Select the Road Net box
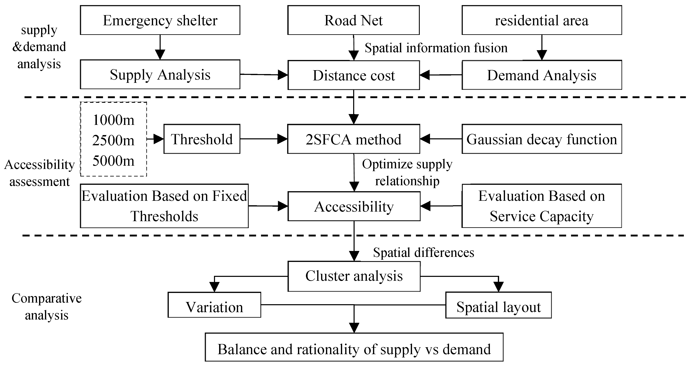point(353,20)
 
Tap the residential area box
point(541,20)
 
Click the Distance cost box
point(354,75)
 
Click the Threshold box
point(202,139)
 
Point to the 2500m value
point(113,140)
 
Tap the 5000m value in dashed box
point(113,161)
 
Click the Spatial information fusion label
point(436,48)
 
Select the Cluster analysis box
point(354,276)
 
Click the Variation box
point(214,307)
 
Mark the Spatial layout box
point(498,307)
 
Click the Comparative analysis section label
point(46,307)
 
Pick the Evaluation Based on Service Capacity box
point(541,206)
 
